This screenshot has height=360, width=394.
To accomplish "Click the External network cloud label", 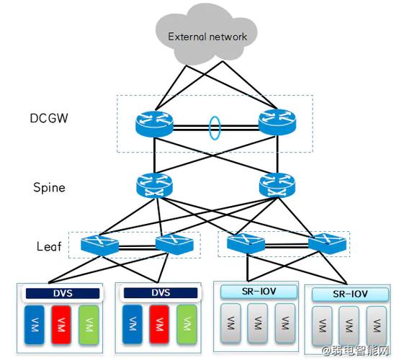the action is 207,37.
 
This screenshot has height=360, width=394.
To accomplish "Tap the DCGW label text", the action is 49,118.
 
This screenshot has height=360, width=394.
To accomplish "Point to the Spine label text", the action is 49,188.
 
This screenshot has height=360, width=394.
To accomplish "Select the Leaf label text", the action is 49,246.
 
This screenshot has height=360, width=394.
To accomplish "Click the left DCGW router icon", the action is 154,124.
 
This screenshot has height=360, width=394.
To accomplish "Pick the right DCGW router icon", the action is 277,122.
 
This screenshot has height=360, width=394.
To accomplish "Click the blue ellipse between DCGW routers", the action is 215,127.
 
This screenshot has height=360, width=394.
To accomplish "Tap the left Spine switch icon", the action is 155,186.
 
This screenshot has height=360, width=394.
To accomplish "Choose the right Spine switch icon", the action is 277,185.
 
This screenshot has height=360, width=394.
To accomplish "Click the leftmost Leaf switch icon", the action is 99,246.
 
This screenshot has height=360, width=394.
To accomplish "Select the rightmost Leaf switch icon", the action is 328,243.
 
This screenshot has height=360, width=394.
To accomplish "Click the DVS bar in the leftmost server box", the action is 63,294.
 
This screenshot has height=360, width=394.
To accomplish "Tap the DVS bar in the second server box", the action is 161,293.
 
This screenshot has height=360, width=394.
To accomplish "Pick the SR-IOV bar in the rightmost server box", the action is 350,294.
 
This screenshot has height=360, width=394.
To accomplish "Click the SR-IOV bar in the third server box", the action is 259,292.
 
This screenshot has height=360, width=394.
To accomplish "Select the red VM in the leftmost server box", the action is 61,325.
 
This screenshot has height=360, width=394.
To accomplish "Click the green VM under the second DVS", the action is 187,324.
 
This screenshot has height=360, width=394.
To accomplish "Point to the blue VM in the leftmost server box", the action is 34,325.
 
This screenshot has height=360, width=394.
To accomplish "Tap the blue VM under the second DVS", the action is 132,324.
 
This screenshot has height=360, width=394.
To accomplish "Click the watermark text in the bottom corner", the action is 357,351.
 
